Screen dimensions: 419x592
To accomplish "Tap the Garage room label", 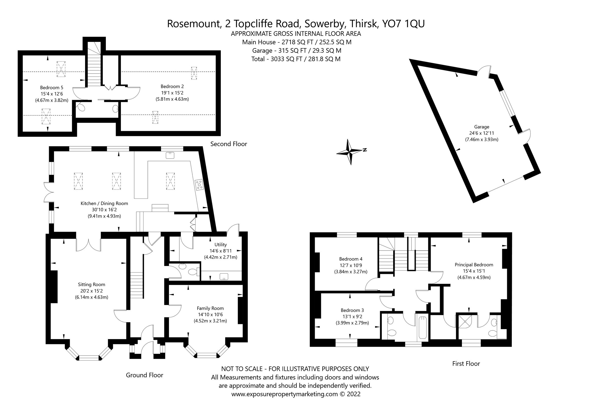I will tap(481, 127).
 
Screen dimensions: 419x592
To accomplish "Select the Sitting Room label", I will tap(92, 285).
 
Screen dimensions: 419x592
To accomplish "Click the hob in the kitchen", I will tap(199, 185).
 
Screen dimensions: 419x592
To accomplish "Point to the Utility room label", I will tap(221, 245).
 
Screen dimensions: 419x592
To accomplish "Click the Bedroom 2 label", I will tap(172, 86).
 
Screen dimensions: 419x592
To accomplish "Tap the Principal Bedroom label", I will tap(474, 265).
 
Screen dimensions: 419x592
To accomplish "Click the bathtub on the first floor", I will tap(422, 328).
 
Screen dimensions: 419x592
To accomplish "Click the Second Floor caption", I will tap(228, 144).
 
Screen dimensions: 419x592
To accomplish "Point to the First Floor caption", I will tap(466, 364).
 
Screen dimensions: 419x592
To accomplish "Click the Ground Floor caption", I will tap(144, 375).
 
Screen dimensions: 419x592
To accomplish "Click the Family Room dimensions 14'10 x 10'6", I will tap(210, 315).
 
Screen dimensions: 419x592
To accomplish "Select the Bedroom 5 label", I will tap(52, 88).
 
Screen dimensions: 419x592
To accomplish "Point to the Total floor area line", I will tap(296, 59).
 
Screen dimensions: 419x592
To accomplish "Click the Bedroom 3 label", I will tap(352, 310).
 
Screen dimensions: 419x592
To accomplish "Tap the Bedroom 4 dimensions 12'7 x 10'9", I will tap(351, 265).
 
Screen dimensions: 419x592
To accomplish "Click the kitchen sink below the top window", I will tap(170, 155).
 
